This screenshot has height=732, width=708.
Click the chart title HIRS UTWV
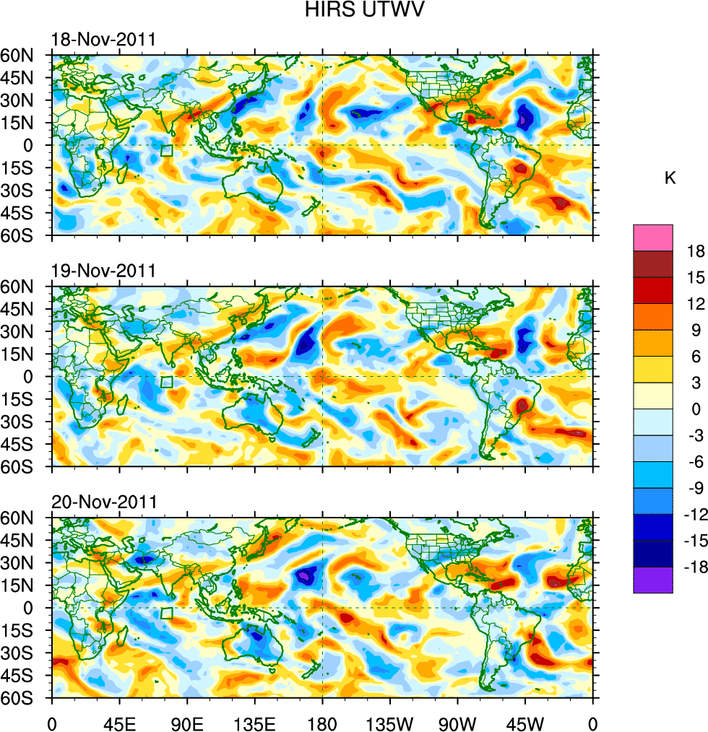(x=353, y=10)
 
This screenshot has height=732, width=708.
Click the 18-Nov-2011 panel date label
(x=103, y=40)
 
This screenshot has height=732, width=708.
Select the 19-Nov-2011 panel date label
(x=103, y=271)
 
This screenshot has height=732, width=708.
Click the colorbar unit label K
(x=670, y=178)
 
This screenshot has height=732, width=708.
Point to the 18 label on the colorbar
(x=695, y=250)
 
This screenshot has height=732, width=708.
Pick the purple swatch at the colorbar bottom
(x=653, y=580)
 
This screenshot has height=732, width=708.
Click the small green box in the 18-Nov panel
(x=167, y=151)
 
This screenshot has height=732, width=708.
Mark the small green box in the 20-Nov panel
(x=167, y=614)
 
